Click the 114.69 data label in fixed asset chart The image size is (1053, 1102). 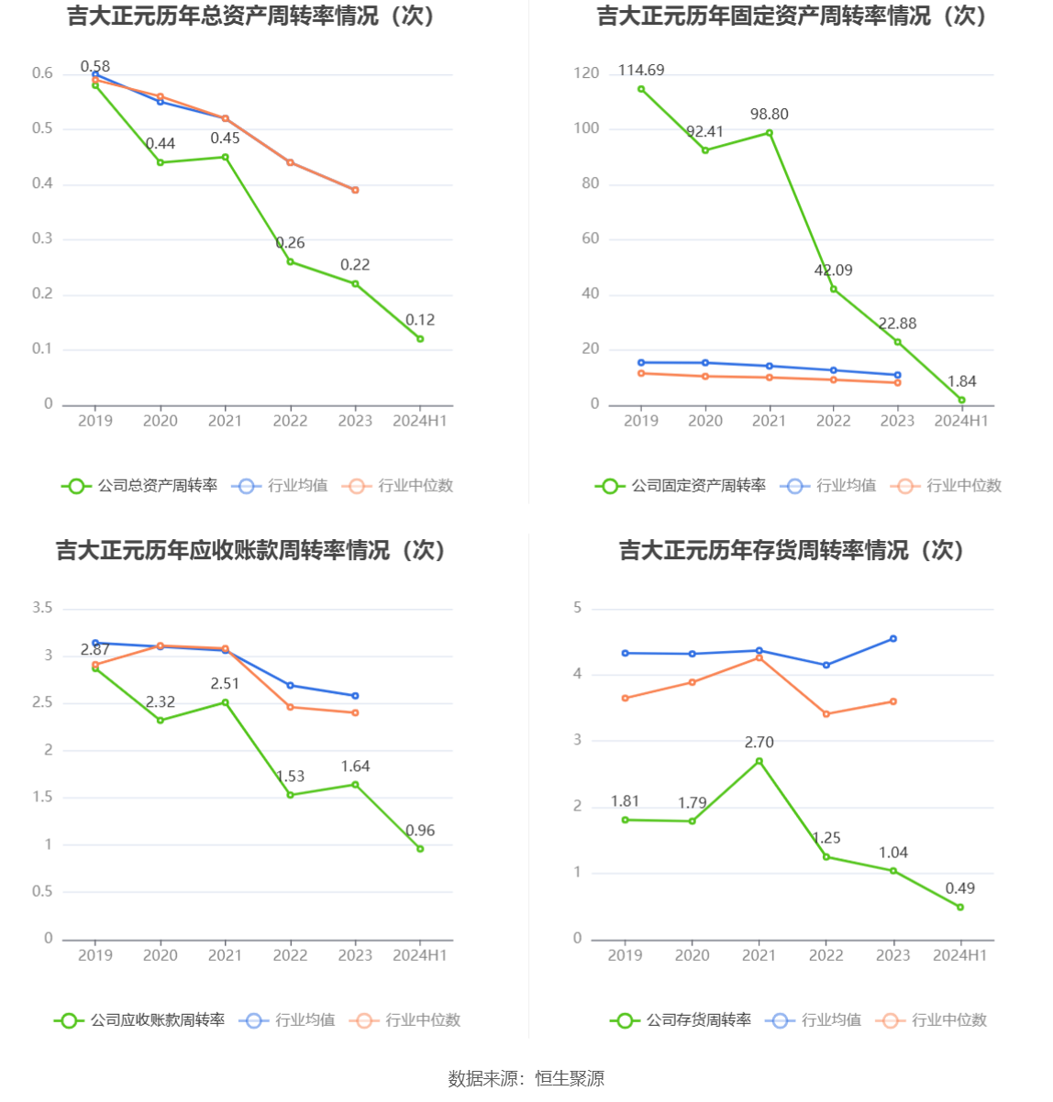click(641, 71)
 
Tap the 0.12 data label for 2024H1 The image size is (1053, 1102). click(420, 320)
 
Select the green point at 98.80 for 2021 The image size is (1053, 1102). click(770, 133)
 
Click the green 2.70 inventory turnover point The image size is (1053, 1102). click(759, 761)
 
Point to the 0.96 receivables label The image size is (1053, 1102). click(420, 831)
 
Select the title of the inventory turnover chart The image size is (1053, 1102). click(792, 550)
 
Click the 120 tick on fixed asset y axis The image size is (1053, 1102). click(586, 73)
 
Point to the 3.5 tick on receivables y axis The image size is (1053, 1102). click(42, 608)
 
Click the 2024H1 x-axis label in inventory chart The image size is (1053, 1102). click(960, 955)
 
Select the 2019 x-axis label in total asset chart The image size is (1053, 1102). click(95, 421)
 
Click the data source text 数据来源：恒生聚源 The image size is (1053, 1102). click(526, 1079)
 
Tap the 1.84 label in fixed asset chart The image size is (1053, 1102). click(961, 381)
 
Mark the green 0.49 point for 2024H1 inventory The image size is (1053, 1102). click(960, 908)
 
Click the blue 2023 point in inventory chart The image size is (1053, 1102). click(893, 639)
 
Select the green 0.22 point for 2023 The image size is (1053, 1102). click(355, 284)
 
